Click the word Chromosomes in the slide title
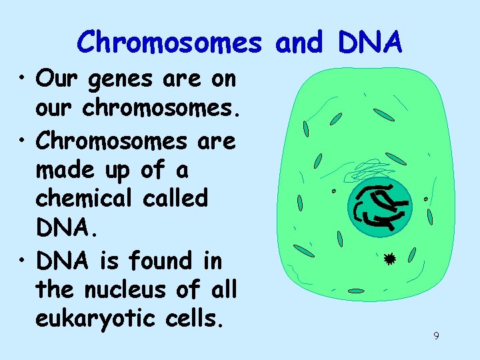(169, 42)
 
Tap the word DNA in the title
(370, 42)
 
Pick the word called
(175, 199)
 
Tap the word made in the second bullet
(65, 170)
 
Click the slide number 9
(436, 336)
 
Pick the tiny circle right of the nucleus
(426, 199)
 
